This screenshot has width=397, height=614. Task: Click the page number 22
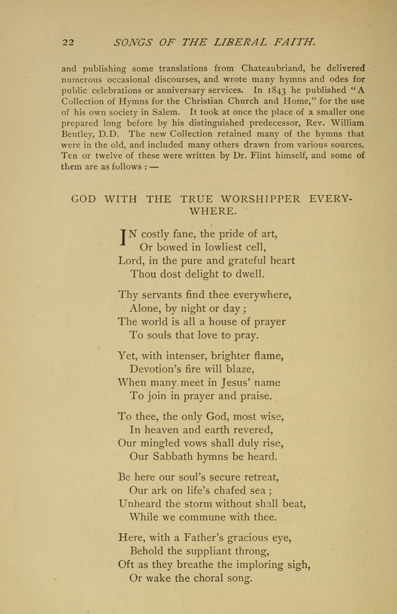pos(68,43)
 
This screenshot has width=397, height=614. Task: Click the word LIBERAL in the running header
pos(235,42)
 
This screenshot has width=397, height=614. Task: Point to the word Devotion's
pos(158,368)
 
